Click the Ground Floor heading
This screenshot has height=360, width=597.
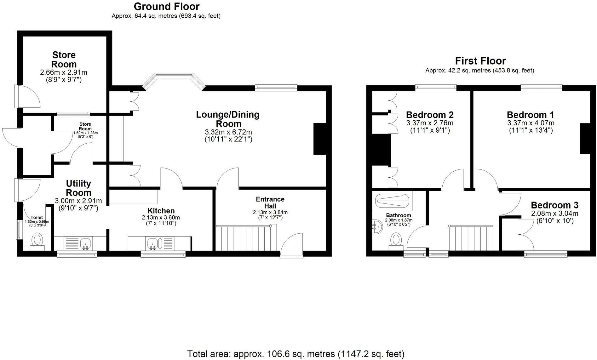(x=166, y=6)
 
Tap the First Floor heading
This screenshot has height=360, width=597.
(x=480, y=61)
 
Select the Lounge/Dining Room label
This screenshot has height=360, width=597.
(x=227, y=119)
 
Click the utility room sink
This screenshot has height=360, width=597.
(x=85, y=243)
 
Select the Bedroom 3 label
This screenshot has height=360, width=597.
(x=554, y=205)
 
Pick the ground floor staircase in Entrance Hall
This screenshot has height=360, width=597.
(x=246, y=237)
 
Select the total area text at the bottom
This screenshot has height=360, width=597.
(x=296, y=354)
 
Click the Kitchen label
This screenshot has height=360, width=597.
(x=161, y=211)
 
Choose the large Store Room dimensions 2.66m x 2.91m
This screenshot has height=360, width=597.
(x=64, y=72)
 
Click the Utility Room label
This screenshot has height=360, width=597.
(x=78, y=188)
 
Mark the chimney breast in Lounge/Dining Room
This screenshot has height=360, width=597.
(x=319, y=139)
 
